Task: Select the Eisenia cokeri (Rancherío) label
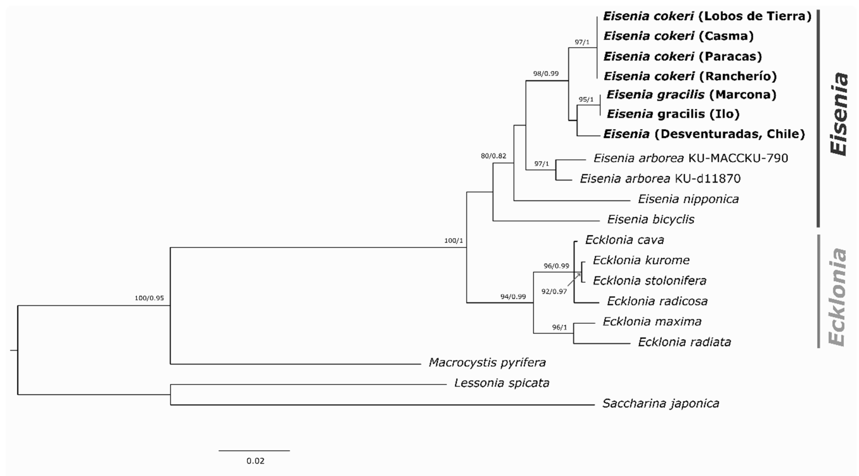[690, 76]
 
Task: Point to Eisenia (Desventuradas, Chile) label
[704, 134]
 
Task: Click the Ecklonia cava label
[624, 240]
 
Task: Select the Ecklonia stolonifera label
[649, 280]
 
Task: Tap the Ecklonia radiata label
[684, 342]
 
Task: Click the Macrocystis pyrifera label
[487, 362]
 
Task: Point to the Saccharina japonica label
[660, 403]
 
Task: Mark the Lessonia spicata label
[501, 383]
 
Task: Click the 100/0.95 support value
[149, 298]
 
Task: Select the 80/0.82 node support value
[493, 156]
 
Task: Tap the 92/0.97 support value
[554, 292]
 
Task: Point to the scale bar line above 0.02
[254, 451]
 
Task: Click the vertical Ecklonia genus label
[837, 297]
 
